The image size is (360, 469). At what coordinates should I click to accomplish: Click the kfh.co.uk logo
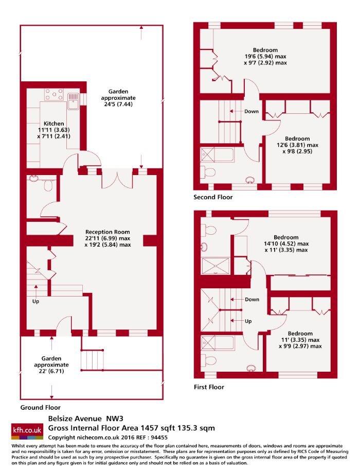[x=27, y=431]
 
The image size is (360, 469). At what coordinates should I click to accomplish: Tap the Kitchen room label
[x=54, y=124]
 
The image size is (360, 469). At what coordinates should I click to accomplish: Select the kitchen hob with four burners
[x=54, y=95]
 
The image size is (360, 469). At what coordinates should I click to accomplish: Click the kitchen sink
[x=73, y=101]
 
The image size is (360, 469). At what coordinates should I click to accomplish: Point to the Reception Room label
[x=107, y=232]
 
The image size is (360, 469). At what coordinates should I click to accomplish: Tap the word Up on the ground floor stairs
[x=35, y=301]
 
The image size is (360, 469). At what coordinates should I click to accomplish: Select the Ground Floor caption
[x=40, y=407]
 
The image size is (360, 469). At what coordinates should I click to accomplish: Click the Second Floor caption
[x=213, y=197]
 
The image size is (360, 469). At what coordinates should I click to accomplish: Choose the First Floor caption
[x=209, y=387]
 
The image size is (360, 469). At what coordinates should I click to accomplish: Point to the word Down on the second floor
[x=251, y=111]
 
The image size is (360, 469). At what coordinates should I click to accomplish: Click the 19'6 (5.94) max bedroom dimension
[x=265, y=57]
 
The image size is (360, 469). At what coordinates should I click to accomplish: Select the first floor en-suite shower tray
[x=215, y=266]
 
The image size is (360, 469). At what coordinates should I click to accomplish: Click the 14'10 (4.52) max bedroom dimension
[x=286, y=244]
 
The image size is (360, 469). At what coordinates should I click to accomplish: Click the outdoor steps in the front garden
[x=93, y=360]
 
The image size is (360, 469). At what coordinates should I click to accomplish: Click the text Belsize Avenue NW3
[x=86, y=419]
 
